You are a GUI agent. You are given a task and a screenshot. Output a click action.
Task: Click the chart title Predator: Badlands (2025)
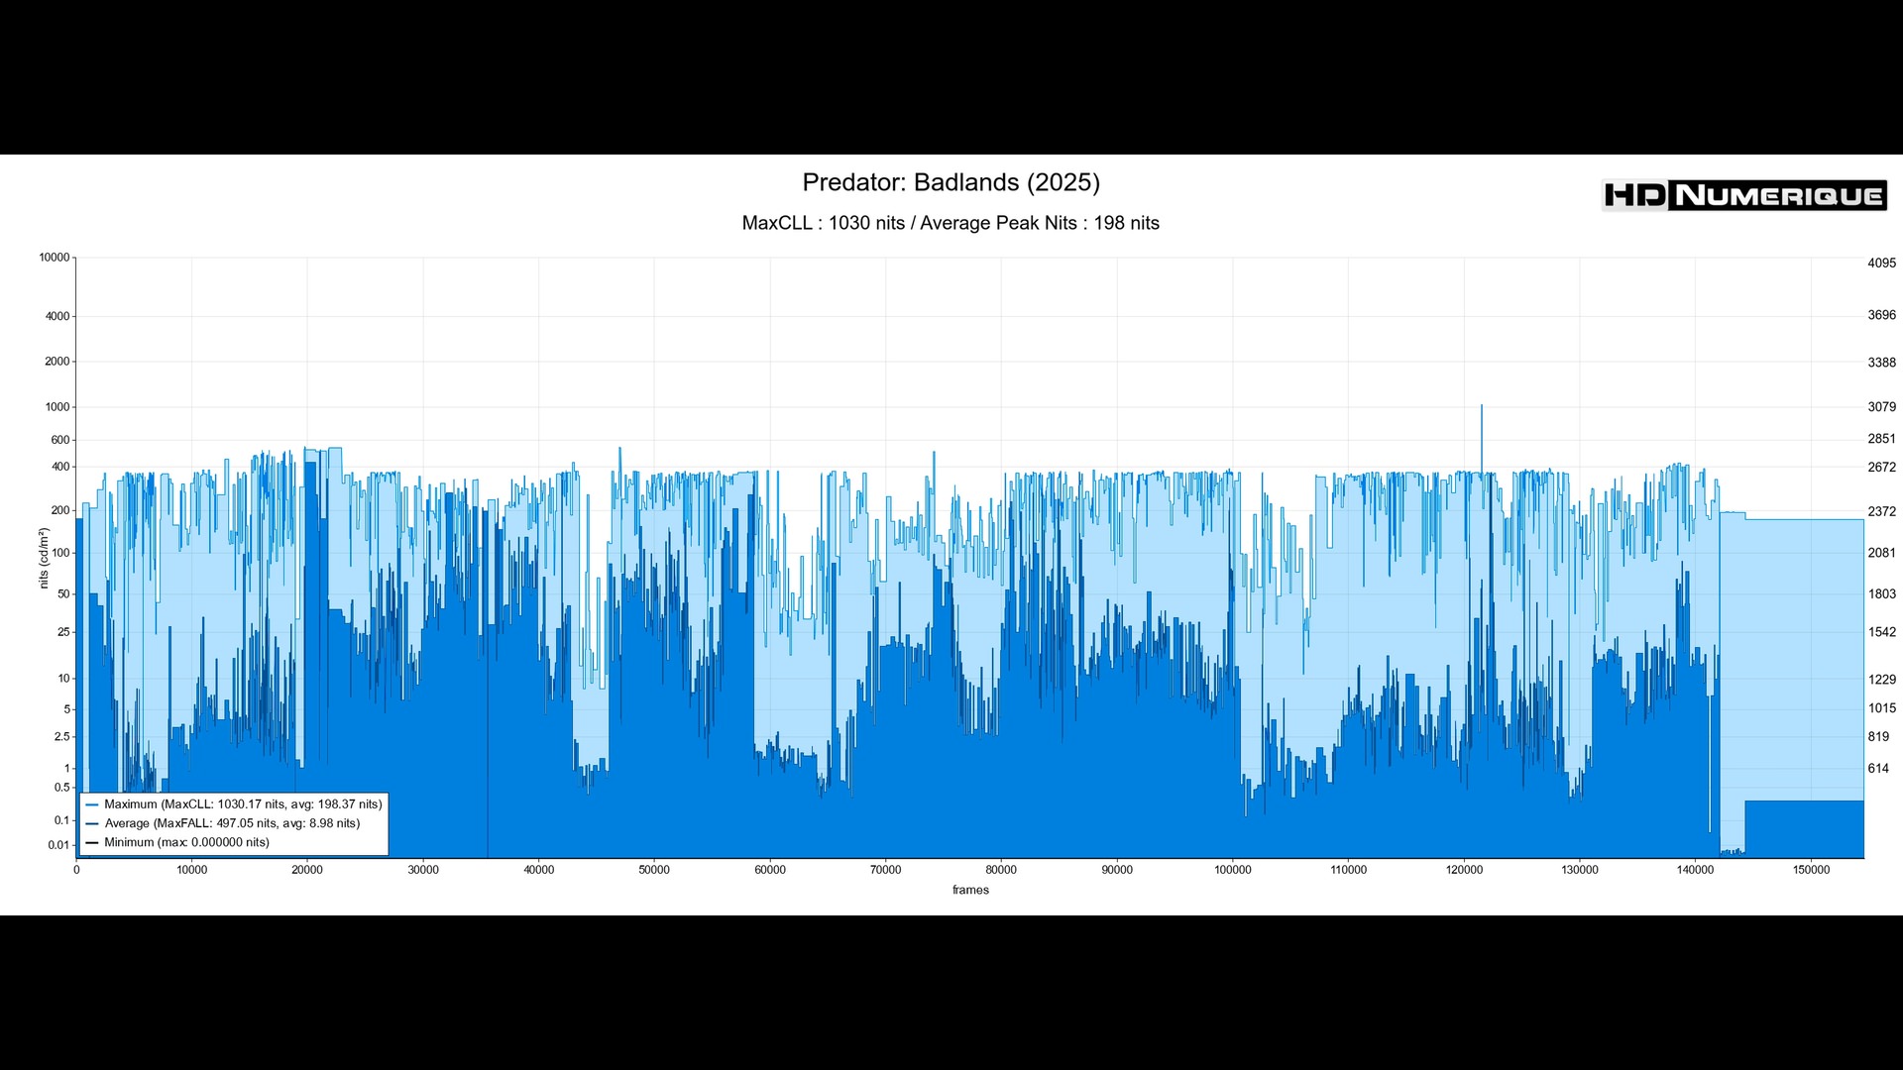[x=951, y=183]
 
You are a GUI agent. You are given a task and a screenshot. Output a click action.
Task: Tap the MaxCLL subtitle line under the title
[x=951, y=224]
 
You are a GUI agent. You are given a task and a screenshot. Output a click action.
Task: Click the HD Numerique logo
[x=1744, y=195]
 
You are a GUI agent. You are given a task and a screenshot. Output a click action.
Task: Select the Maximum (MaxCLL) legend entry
[x=243, y=804]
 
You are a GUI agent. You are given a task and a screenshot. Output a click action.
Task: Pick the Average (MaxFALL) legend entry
[x=232, y=823]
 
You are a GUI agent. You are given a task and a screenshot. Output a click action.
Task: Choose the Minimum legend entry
[x=186, y=843]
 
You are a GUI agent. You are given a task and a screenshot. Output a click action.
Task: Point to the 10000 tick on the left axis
[x=55, y=258]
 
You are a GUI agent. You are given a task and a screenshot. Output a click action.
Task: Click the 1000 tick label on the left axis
[x=57, y=407]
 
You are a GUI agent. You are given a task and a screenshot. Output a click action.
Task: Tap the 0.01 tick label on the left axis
[x=58, y=845]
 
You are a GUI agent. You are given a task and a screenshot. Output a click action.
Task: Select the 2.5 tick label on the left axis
[x=62, y=737]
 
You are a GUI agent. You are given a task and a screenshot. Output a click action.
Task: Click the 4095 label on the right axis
[x=1881, y=264]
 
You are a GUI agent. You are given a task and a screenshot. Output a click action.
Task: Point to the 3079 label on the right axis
[x=1881, y=407]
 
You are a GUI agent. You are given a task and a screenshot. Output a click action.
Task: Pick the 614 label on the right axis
[x=1878, y=769]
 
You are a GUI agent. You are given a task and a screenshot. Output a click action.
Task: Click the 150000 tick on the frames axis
[x=1811, y=870]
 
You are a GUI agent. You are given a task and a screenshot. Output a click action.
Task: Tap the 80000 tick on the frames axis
[x=1001, y=870]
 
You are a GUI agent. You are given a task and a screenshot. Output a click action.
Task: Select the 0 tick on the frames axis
[x=76, y=870]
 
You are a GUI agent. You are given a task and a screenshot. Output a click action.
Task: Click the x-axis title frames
[x=970, y=890]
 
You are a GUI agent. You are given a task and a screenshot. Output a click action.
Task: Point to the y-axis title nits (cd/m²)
[x=44, y=558]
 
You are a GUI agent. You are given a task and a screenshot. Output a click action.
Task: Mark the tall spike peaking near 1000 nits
[x=1482, y=408]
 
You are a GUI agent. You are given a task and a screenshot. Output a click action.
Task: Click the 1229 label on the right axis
[x=1881, y=680]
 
